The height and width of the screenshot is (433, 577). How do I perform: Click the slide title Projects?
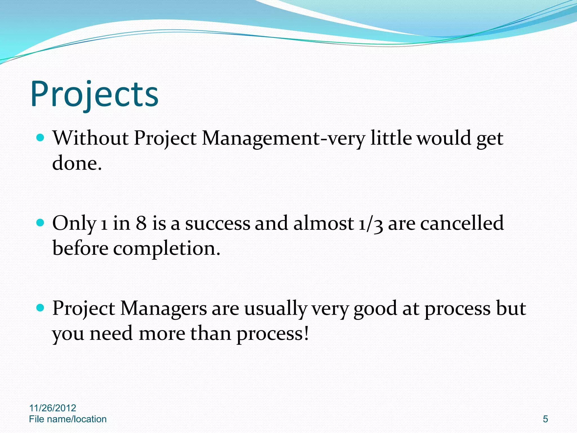click(94, 94)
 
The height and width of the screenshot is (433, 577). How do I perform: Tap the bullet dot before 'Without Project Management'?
click(41, 138)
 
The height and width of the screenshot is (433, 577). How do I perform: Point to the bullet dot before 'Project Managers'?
click(41, 308)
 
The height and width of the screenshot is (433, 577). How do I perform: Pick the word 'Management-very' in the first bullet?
click(283, 139)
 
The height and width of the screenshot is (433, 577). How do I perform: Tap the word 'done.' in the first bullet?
click(77, 163)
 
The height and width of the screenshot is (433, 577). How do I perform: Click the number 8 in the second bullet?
click(141, 223)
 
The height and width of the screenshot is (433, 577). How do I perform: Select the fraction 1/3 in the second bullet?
click(370, 224)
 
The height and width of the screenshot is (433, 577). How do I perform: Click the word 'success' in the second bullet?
click(218, 224)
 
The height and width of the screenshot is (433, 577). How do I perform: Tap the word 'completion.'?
click(167, 249)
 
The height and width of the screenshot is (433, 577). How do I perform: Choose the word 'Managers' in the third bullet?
click(163, 309)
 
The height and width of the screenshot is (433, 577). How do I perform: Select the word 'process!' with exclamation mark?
click(272, 334)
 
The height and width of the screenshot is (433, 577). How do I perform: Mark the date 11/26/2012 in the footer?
click(53, 408)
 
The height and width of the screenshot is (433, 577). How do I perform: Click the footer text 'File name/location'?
click(68, 419)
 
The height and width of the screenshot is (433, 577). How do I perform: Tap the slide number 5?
click(545, 419)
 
